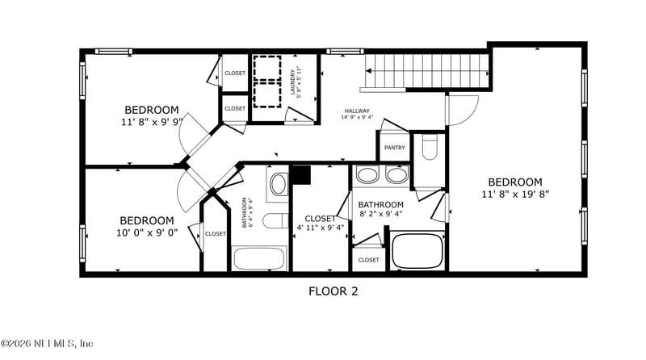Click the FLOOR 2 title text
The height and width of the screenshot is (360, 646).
tap(333, 291)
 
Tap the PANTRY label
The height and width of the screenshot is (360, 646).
tap(395, 148)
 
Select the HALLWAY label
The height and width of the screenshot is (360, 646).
tap(357, 111)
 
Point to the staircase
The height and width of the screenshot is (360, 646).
tap(428, 71)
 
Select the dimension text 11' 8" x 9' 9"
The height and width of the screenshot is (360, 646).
tap(151, 123)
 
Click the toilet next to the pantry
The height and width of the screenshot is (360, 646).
tap(430, 147)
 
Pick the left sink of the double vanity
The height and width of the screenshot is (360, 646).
tap(367, 175)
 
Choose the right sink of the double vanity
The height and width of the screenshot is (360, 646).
tap(396, 175)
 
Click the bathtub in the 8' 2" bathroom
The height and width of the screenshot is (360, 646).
tap(417, 251)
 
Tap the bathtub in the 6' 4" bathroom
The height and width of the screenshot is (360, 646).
tap(259, 259)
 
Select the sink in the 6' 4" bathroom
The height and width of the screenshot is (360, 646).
tap(278, 184)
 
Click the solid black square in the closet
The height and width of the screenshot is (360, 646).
tap(300, 175)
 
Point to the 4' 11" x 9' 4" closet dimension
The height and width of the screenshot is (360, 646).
tap(320, 228)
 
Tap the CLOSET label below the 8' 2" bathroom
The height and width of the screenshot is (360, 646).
tap(368, 260)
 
